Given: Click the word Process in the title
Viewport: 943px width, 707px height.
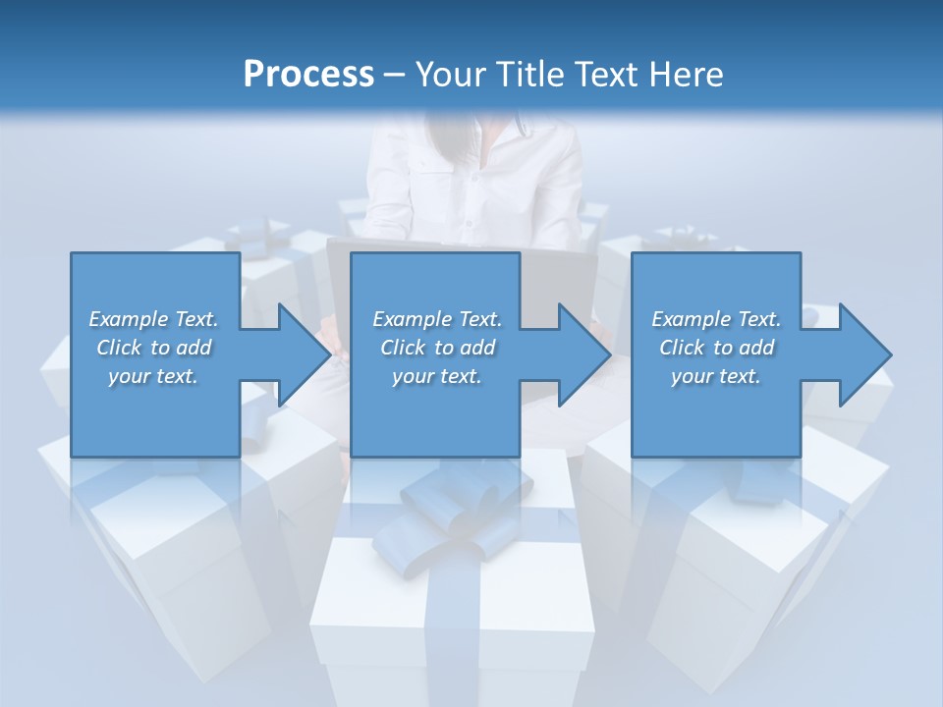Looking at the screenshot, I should click(x=308, y=75).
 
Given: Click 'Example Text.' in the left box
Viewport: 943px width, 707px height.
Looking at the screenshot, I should click(x=153, y=319).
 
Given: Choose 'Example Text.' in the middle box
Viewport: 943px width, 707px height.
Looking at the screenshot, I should click(x=437, y=319).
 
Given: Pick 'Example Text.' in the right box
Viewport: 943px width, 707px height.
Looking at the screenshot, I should click(x=716, y=319).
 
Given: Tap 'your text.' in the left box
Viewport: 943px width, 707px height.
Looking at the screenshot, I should click(x=153, y=376).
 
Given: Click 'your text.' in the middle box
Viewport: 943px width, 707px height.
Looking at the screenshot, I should click(x=437, y=376).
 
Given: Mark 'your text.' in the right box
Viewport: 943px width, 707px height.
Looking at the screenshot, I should click(x=716, y=376).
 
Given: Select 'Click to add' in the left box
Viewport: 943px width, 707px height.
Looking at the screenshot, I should click(x=153, y=348).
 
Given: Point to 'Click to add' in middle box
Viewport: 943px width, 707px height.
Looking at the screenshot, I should click(x=437, y=348).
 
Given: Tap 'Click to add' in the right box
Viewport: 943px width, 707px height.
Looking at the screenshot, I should click(x=716, y=348).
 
